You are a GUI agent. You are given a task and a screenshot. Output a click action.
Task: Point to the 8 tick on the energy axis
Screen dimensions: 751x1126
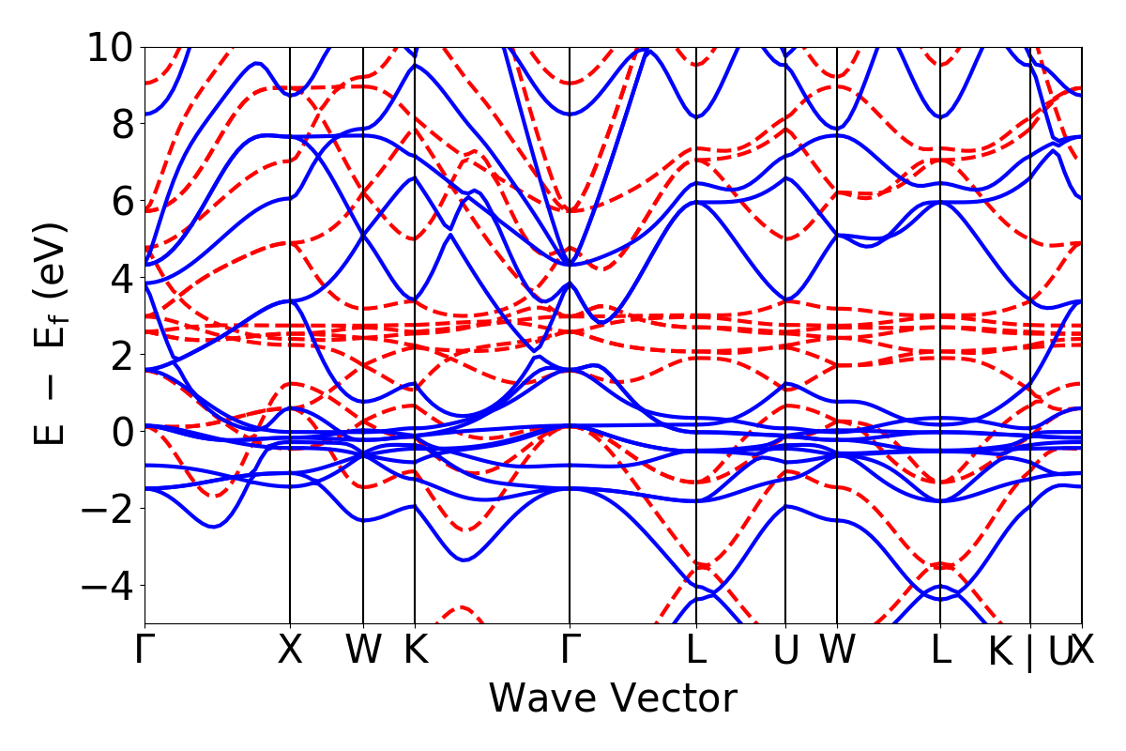coord(121,124)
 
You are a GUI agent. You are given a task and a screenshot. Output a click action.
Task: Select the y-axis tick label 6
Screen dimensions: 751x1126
coord(121,201)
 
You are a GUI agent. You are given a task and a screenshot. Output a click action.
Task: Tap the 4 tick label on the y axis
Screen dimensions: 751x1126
coord(121,278)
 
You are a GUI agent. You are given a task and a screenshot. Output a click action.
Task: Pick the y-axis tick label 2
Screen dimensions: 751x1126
coord(121,355)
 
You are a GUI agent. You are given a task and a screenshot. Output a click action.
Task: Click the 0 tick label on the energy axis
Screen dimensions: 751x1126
coord(121,432)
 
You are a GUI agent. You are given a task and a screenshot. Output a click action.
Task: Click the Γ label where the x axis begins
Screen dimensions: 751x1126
coord(145,651)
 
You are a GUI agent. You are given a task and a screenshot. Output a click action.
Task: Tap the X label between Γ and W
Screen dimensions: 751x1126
coord(290,651)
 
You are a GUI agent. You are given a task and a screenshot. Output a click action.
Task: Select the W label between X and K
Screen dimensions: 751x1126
coord(363,651)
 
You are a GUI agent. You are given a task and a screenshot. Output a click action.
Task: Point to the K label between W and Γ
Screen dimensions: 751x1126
coord(415,651)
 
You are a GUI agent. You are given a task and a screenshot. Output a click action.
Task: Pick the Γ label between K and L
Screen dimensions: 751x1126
coord(569,651)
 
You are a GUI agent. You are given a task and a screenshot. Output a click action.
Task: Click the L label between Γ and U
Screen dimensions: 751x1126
coord(696,651)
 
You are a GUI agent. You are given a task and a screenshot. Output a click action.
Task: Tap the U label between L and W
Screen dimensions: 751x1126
coord(785,651)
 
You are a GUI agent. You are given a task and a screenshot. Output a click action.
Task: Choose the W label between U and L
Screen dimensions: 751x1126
coord(837,651)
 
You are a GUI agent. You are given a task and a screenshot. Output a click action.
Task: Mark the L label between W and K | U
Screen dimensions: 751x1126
coord(940,651)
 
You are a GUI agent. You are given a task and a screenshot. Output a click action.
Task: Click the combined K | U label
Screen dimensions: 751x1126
coord(1030,652)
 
